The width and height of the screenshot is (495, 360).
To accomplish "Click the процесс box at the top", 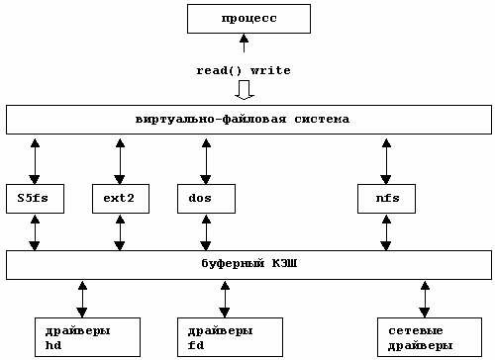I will [x=248, y=19].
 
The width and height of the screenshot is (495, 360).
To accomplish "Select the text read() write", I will [x=244, y=70].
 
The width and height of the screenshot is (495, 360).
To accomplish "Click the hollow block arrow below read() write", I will [x=244, y=90].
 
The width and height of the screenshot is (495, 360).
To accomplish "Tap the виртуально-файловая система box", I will [x=247, y=120].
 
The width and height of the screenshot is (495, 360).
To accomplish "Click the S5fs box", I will [x=34, y=198].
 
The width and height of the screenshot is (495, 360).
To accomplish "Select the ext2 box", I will [x=120, y=198].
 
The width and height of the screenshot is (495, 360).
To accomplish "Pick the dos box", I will [x=206, y=198].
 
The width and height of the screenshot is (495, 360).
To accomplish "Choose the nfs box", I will [x=386, y=198].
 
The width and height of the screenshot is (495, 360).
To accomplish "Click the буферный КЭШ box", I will [x=247, y=265].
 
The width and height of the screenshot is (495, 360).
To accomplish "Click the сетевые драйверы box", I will [x=425, y=336].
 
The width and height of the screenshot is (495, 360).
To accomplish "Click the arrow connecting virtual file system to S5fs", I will [x=35, y=158].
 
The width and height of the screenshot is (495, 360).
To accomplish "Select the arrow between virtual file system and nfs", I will [x=386, y=158].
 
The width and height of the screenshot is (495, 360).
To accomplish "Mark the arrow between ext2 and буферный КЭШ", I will [x=120, y=231].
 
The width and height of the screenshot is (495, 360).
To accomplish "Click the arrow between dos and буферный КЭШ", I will [x=206, y=231].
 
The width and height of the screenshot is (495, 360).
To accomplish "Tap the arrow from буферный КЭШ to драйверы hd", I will [x=82, y=298].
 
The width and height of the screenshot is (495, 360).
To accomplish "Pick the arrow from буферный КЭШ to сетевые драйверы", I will [x=425, y=298].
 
